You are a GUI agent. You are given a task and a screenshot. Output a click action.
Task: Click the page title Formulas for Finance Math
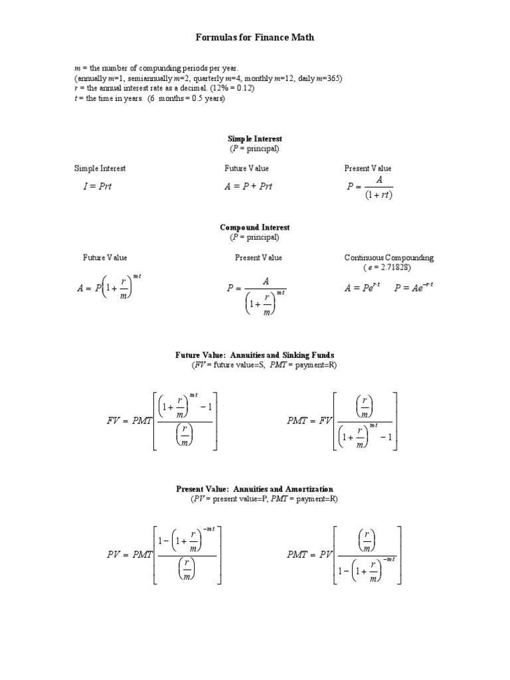point(254,38)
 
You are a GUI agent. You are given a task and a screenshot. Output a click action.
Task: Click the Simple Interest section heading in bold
point(254,139)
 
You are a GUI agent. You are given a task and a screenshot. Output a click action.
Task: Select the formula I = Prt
point(98,187)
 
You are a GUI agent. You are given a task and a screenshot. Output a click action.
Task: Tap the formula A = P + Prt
point(248,187)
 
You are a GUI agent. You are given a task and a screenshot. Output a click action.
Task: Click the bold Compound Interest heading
point(254,228)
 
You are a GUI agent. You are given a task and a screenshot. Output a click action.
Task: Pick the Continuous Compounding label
point(379,258)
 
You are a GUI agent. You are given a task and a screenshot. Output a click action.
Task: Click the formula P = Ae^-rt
point(414,288)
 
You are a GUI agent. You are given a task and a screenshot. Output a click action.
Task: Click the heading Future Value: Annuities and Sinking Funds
point(254,356)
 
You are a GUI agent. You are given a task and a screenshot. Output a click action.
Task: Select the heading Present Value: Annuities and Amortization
point(254,489)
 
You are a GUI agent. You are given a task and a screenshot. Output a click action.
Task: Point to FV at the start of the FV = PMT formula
point(114,420)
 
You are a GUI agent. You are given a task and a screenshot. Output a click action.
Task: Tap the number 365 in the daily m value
point(333,78)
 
